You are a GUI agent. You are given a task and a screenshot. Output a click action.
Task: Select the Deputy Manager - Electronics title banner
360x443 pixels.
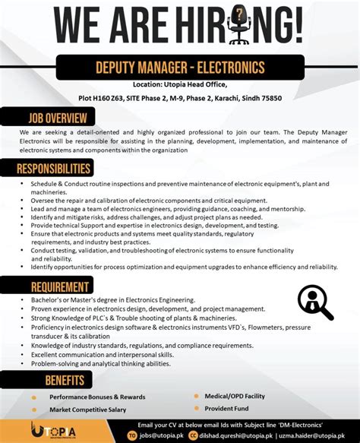(x=180, y=68)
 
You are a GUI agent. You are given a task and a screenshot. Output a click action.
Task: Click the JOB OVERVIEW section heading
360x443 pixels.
(x=56, y=119)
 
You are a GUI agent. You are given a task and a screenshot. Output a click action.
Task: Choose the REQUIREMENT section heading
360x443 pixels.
(x=61, y=286)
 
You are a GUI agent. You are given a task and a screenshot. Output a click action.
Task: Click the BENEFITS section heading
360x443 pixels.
(x=64, y=380)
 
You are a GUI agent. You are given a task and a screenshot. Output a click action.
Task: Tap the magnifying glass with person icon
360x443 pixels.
(x=314, y=302)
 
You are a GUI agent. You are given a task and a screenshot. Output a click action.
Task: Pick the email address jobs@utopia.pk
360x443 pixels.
(x=162, y=435)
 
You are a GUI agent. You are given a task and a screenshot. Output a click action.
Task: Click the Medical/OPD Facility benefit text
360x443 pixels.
(x=235, y=396)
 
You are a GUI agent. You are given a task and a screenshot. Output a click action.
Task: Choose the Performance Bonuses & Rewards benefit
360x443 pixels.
(x=97, y=397)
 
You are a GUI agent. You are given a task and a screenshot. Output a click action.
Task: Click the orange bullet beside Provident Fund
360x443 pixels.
(x=197, y=409)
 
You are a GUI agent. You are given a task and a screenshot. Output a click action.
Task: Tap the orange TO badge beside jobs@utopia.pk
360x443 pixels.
(x=132, y=435)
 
